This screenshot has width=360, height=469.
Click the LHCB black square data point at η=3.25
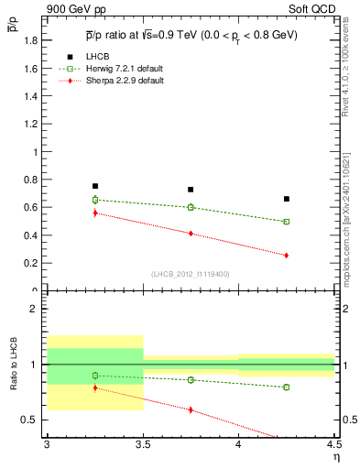click(94, 186)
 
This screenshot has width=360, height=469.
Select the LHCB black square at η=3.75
click(191, 190)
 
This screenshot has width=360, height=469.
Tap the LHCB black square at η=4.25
click(287, 199)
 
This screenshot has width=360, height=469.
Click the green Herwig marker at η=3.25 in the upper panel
click(94, 200)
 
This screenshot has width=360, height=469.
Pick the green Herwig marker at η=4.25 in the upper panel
click(287, 222)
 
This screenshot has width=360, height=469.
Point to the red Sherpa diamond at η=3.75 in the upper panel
click(191, 234)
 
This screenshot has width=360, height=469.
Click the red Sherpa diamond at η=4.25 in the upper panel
click(287, 255)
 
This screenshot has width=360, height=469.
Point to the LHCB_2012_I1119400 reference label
click(191, 274)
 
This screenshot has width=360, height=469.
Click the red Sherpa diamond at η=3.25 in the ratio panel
click(94, 387)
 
